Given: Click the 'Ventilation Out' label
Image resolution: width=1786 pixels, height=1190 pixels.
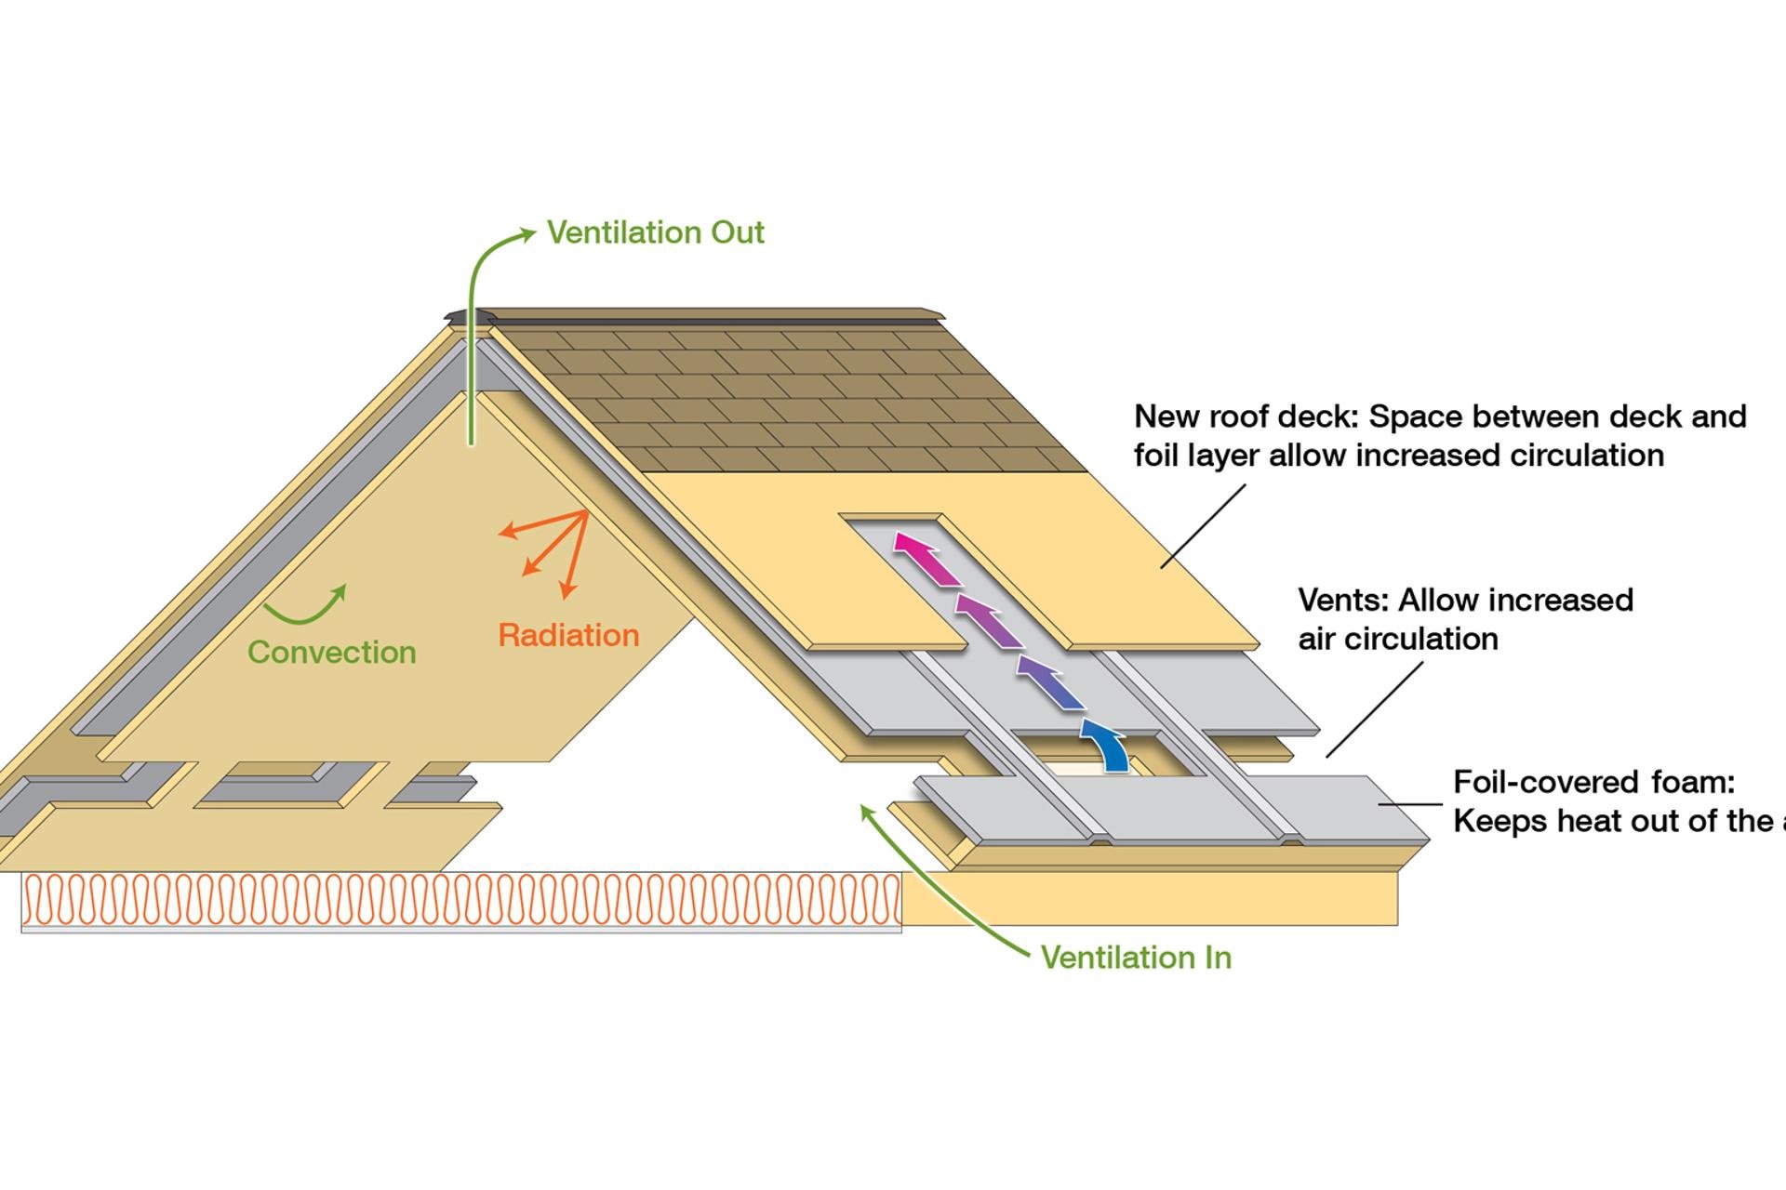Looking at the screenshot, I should pos(655,232).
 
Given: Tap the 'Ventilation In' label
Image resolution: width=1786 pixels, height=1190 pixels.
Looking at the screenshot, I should pos(1135,958).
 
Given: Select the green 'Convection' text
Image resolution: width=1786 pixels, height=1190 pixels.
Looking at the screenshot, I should pos(331,653).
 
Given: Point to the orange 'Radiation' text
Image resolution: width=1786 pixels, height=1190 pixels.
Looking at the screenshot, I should pos(568,636).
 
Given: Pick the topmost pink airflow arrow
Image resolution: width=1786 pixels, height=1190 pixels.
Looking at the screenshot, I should pos(925,558).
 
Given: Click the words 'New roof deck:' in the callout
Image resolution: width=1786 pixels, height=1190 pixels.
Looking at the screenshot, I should pos(1246,416).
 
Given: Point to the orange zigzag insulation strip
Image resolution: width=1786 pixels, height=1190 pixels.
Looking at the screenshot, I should pos(461,899).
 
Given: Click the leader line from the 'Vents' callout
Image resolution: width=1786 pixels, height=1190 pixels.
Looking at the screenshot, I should pos(1374,709).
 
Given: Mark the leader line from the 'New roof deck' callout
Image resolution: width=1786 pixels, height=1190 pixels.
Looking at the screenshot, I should pos(1203,526).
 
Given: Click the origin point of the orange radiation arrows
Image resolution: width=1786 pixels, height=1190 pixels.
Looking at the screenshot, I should pos(586,511).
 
